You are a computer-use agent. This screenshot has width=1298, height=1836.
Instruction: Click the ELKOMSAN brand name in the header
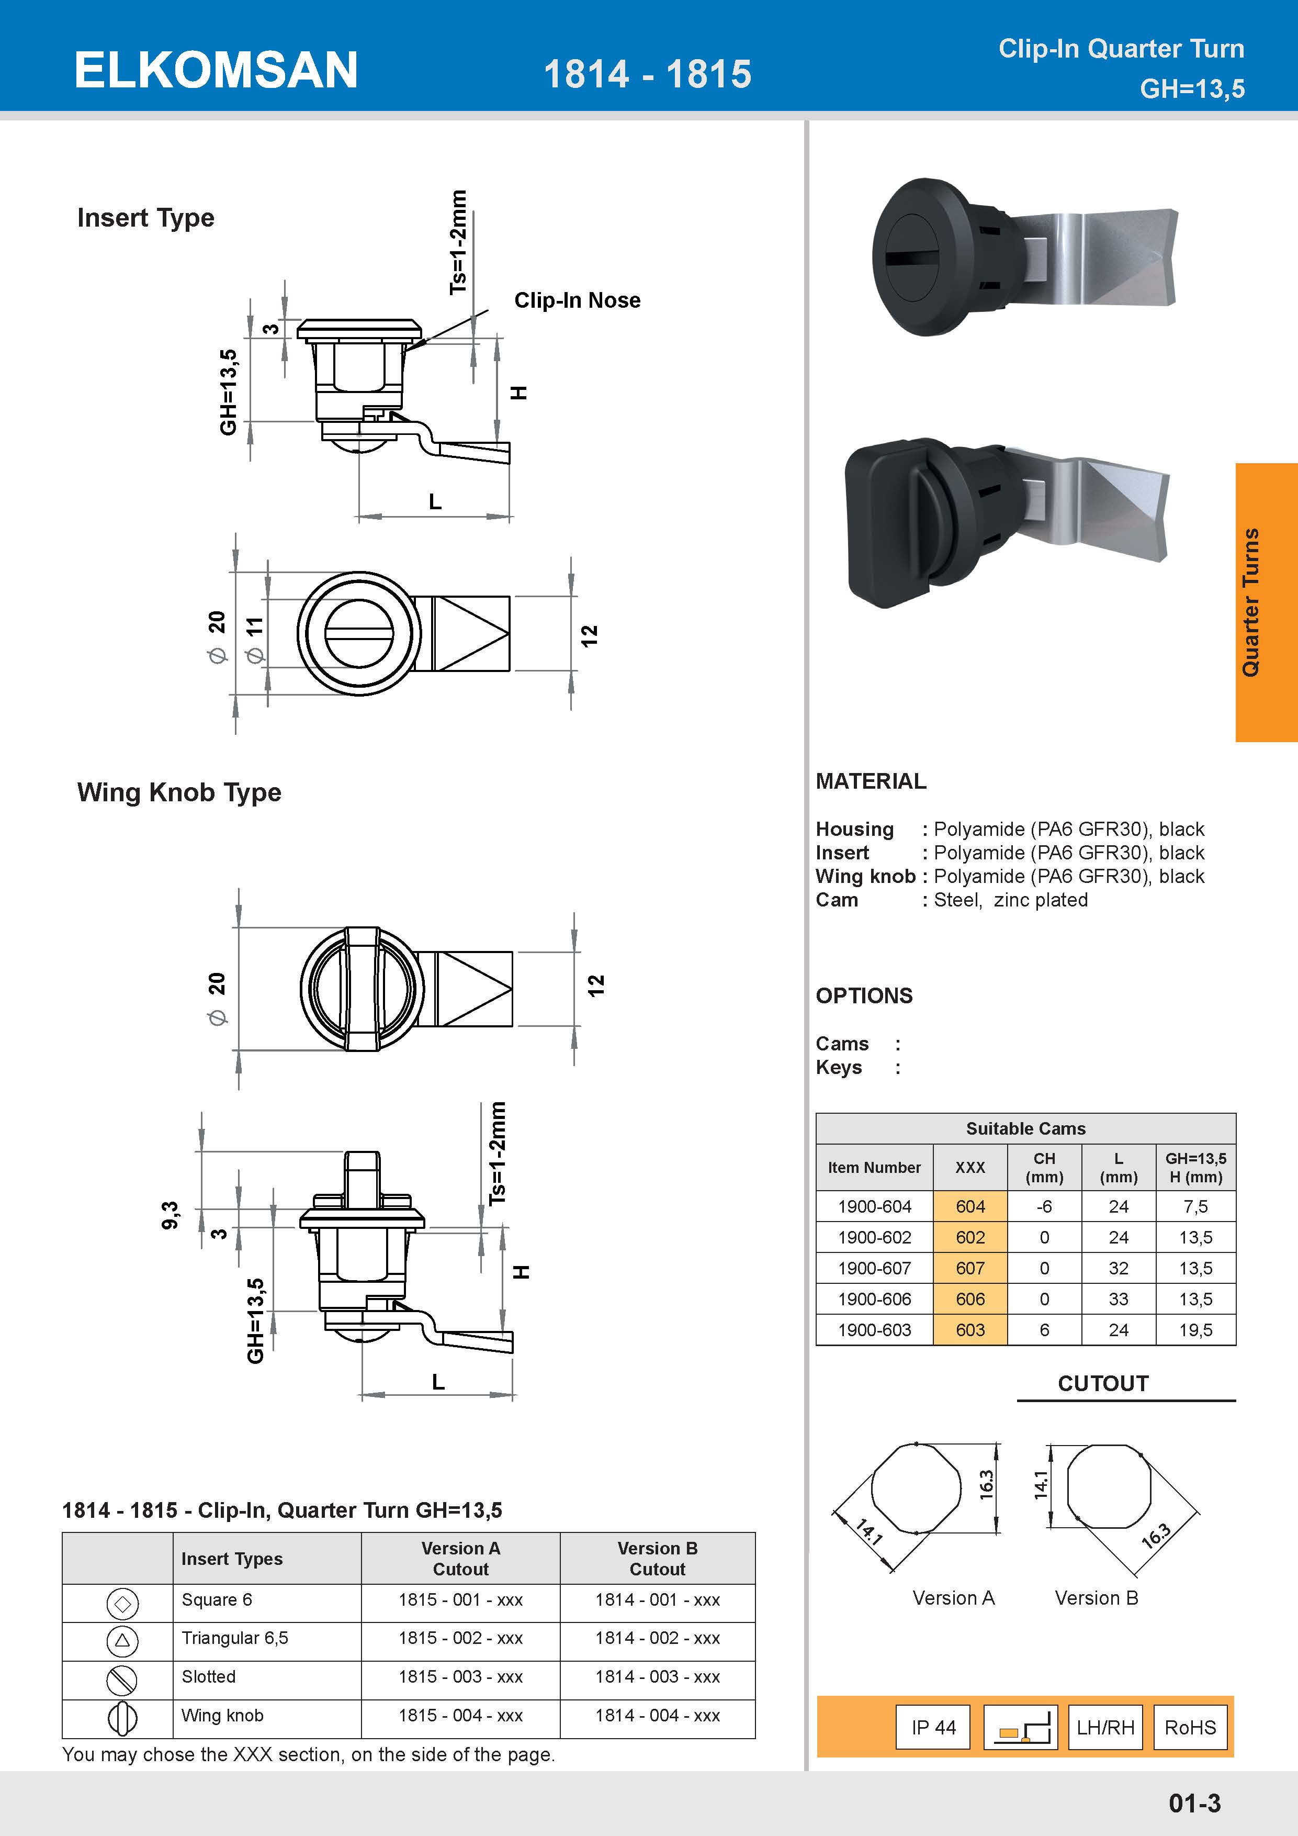(x=216, y=70)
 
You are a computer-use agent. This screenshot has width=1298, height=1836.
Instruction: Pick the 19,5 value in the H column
(x=1195, y=1330)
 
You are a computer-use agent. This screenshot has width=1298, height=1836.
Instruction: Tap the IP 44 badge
(x=933, y=1727)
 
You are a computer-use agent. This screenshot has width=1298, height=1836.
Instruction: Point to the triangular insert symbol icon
(x=122, y=1640)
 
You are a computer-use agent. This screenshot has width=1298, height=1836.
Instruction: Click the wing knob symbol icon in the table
(x=122, y=1718)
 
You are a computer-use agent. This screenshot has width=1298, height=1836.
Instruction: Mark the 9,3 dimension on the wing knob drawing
(x=170, y=1215)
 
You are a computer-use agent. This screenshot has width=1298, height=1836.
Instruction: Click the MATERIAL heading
(x=871, y=781)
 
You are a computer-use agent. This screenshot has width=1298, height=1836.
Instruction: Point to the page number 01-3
(x=1194, y=1803)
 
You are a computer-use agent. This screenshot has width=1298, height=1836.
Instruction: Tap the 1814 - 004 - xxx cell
(x=657, y=1715)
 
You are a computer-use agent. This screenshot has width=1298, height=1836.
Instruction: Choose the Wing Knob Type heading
(x=179, y=792)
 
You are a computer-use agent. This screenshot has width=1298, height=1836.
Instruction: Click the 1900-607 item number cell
(x=874, y=1268)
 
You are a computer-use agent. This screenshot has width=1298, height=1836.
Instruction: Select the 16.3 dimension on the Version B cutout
(x=1156, y=1536)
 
